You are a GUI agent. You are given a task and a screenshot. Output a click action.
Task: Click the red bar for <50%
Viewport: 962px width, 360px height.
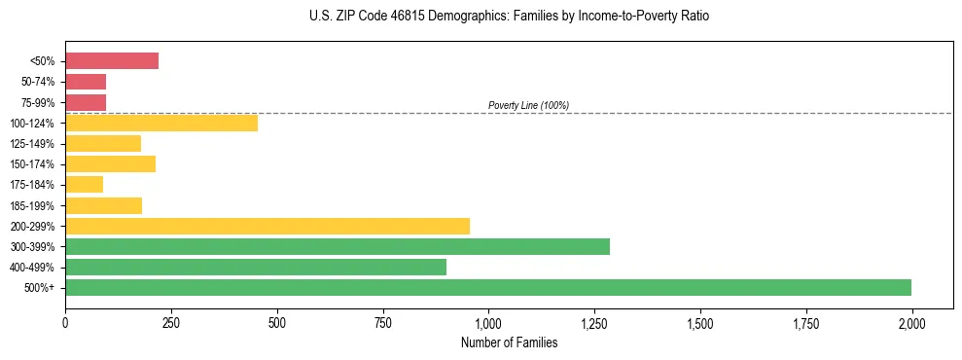(x=112, y=61)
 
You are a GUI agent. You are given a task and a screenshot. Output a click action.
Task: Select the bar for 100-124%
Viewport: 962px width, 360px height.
(x=161, y=123)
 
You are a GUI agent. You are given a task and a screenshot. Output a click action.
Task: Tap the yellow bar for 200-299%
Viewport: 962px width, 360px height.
(x=267, y=226)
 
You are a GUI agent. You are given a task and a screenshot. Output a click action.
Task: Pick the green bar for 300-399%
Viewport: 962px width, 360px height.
(x=338, y=246)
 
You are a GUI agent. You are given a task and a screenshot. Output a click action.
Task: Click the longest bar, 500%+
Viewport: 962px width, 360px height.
(x=488, y=287)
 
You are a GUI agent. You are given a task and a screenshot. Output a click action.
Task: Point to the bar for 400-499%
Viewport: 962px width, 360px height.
(x=256, y=267)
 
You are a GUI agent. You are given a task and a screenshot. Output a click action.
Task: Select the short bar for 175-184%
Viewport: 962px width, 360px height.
(x=85, y=185)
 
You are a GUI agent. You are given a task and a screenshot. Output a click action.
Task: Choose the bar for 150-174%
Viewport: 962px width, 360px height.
(x=111, y=164)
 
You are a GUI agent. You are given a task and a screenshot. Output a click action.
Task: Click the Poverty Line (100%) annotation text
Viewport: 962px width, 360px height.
(x=528, y=105)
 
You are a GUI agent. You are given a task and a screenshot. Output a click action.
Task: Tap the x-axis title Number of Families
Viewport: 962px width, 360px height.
(x=509, y=342)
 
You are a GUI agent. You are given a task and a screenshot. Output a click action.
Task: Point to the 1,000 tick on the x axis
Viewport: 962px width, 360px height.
(x=488, y=321)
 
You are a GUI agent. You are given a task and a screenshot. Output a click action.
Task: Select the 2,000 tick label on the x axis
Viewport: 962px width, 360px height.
(x=911, y=321)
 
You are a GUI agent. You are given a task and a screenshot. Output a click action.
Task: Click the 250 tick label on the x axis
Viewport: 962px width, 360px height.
(x=171, y=321)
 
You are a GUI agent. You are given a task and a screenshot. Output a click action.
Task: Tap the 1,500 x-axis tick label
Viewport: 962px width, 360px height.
(x=700, y=321)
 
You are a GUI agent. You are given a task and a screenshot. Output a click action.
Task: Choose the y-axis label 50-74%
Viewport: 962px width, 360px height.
(x=38, y=82)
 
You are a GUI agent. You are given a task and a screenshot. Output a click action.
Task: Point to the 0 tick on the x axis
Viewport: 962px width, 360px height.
(x=65, y=321)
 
